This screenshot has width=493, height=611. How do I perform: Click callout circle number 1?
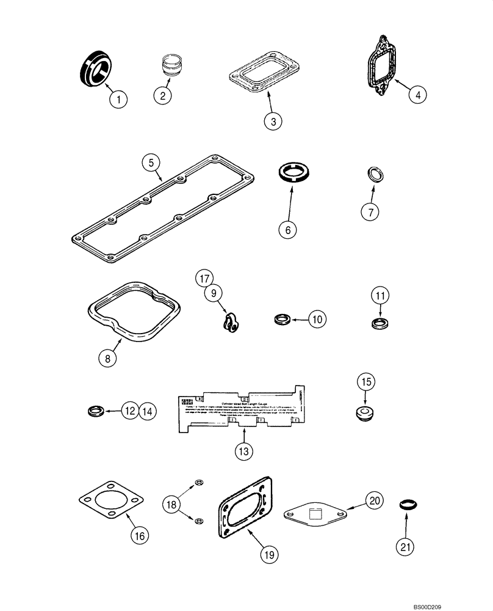coord(119,99)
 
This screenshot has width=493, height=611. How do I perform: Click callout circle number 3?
coord(273,120)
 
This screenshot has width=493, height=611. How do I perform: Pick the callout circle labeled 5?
coord(151,163)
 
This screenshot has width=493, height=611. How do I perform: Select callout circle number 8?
coord(107,359)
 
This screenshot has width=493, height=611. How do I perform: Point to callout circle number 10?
coord(317,318)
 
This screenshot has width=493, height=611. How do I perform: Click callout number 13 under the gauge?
coord(243,452)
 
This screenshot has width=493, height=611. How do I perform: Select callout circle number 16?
coord(139,536)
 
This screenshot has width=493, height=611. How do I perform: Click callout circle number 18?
coord(172,504)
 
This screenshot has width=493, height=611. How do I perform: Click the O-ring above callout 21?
coord(408,505)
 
